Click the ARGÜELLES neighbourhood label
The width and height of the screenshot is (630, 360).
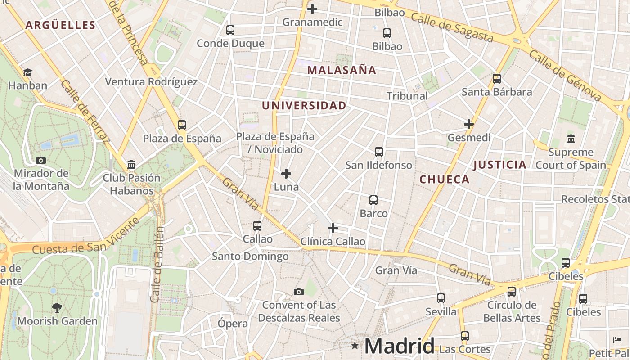click(60, 25)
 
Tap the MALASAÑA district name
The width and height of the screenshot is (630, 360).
click(342, 70)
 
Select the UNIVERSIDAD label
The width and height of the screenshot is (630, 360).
click(304, 106)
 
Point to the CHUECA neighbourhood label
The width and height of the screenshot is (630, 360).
click(445, 180)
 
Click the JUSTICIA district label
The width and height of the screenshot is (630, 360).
click(499, 165)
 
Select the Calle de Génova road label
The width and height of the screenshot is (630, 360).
click(565, 76)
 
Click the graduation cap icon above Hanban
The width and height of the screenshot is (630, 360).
click(27, 72)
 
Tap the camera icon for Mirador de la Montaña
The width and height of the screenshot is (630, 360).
click(41, 160)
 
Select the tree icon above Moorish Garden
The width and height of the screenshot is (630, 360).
click(57, 308)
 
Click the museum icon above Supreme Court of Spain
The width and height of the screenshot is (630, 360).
click(571, 139)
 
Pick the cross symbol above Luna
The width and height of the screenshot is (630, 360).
click(286, 174)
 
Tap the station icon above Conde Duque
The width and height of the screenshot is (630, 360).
click(230, 30)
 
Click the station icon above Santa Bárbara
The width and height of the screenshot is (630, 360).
click(497, 79)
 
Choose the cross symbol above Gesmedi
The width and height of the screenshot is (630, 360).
click(469, 124)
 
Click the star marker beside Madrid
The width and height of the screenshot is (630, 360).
click(355, 346)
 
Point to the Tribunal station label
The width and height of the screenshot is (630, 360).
click(407, 96)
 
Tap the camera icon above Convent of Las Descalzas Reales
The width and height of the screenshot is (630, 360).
click(298, 292)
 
